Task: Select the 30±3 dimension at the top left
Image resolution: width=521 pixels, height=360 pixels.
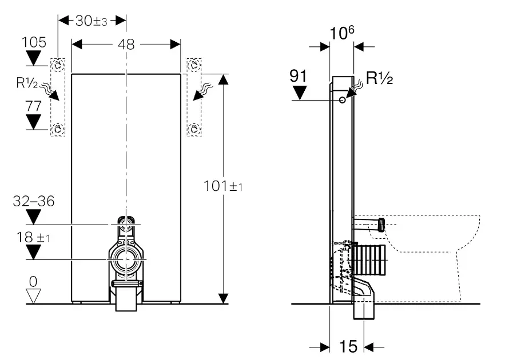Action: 92,21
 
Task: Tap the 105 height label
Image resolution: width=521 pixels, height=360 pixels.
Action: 34,42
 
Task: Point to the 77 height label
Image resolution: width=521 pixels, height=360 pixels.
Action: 34,105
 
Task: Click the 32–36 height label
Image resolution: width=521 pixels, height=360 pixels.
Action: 34,201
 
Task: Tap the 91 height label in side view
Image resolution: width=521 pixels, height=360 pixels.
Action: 300,76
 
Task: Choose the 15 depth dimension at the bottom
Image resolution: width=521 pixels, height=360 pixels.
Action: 348,346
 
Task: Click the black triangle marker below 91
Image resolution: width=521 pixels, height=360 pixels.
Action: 300,92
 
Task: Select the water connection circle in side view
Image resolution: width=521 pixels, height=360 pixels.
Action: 342,100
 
